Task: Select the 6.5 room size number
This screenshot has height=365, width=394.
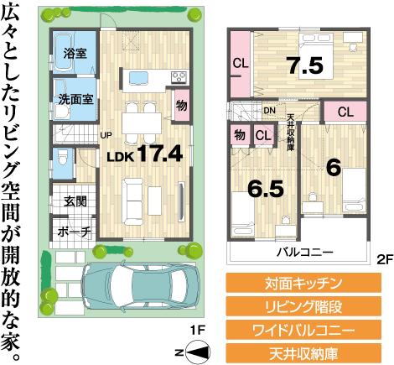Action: [x=264, y=189]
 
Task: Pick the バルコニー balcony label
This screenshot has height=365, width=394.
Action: [x=305, y=252]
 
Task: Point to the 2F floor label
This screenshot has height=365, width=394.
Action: [x=381, y=260]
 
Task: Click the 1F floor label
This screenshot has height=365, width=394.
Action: [x=198, y=329]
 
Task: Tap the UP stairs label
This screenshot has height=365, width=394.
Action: [x=106, y=134]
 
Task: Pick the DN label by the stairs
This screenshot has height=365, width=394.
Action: [x=270, y=110]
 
